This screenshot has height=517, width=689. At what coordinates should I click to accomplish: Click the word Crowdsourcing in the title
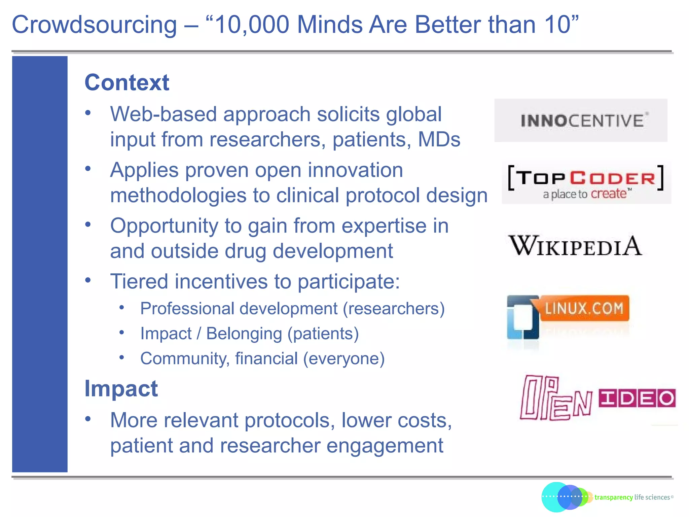94,26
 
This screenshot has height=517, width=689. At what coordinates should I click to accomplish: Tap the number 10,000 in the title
252,25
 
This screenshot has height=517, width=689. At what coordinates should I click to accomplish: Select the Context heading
127,82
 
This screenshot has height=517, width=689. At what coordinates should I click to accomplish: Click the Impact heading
121,389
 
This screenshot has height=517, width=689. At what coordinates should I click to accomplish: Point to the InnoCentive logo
581,120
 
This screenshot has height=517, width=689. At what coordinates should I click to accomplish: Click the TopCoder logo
586,183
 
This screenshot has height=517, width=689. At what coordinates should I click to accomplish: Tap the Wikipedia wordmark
575,246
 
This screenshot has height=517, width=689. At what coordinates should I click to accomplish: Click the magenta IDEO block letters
637,399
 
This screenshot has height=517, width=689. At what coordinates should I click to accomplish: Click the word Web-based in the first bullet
164,114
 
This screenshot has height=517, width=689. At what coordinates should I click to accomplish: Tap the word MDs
439,140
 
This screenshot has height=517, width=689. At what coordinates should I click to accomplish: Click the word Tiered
139,281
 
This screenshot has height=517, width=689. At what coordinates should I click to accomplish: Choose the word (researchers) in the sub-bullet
394,309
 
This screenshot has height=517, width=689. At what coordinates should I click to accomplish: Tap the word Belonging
244,334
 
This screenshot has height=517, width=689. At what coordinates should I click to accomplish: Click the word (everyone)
344,359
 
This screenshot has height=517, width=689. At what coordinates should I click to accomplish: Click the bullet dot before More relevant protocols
88,419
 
